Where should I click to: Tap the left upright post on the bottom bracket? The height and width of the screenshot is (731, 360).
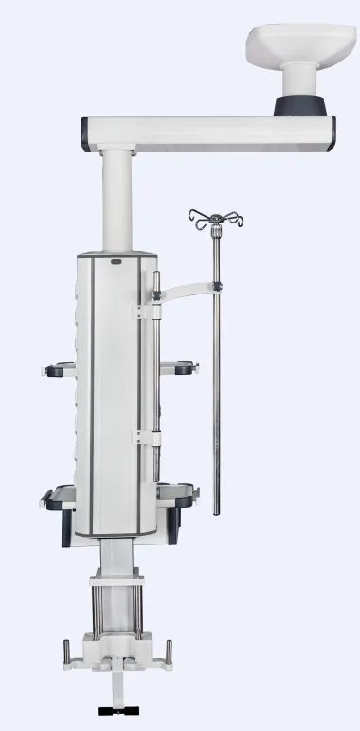pos(65,652)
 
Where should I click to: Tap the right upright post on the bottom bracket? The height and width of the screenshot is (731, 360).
pos(169,652)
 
